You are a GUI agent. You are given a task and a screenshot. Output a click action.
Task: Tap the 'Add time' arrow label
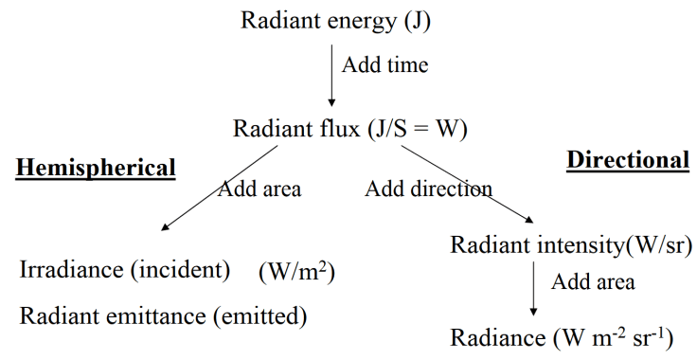(x=385, y=66)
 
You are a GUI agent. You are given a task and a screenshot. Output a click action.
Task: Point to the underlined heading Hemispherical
(x=96, y=168)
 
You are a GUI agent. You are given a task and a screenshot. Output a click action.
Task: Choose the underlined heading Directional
(x=627, y=160)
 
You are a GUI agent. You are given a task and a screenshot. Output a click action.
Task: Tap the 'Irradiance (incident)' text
(x=125, y=270)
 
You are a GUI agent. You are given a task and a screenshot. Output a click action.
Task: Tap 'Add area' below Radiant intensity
(x=594, y=282)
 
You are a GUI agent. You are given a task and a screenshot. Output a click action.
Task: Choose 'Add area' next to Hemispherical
(x=259, y=189)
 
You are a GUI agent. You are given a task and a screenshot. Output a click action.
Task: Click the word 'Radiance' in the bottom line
(x=491, y=338)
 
